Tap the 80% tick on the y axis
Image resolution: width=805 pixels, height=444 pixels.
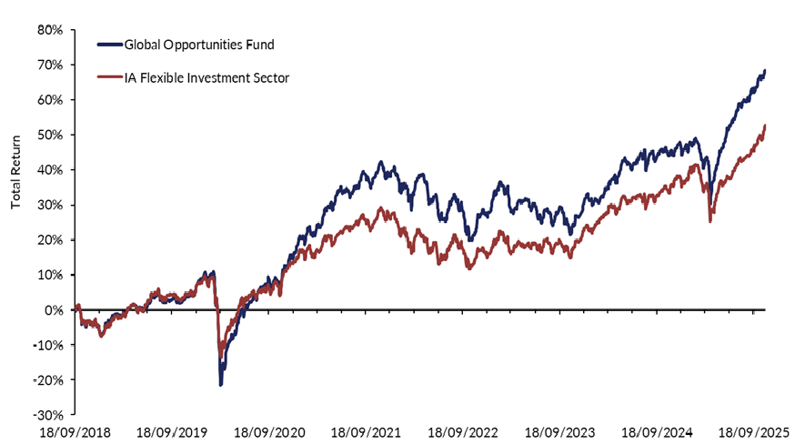point(50,30)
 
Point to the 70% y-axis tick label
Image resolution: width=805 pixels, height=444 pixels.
point(50,66)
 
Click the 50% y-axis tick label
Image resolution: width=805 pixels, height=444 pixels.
point(50,136)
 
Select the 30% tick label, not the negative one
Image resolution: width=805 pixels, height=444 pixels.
point(50,206)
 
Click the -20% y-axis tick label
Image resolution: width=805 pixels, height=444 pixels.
point(47,380)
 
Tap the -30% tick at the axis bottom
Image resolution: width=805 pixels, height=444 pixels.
point(47,415)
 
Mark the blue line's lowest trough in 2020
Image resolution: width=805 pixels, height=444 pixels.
point(221,385)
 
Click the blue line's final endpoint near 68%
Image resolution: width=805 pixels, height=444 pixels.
point(765,71)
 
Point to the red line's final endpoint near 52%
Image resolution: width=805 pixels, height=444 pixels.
point(765,126)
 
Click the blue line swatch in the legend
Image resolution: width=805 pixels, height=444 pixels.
point(108,43)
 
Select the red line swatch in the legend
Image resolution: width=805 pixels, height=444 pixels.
point(108,78)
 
